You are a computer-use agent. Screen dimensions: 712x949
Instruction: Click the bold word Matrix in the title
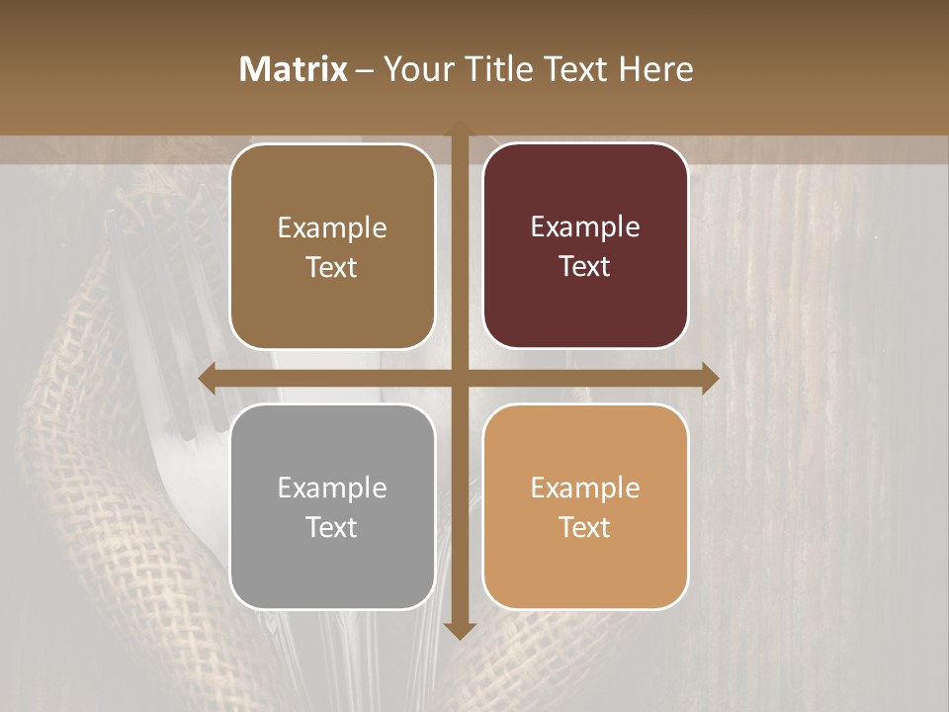pyautogui.click(x=294, y=69)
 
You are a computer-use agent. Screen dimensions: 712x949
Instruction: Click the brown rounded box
pyautogui.click(x=332, y=246)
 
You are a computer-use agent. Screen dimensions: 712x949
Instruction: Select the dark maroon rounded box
pyautogui.click(x=585, y=246)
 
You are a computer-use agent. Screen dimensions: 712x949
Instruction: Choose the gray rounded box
pyautogui.click(x=332, y=506)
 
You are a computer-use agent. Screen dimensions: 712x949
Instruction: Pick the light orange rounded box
pyautogui.click(x=585, y=506)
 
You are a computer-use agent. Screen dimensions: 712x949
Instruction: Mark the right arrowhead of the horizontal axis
pyautogui.click(x=709, y=378)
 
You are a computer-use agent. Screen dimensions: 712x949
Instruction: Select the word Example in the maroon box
pyautogui.click(x=585, y=227)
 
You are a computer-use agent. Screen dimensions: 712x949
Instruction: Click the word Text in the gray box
pyautogui.click(x=332, y=527)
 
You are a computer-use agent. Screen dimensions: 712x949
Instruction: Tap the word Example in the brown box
pyautogui.click(x=332, y=228)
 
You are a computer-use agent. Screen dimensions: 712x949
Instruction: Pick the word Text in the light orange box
pyautogui.click(x=585, y=527)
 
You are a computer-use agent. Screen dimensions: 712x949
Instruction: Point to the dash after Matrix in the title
pyautogui.click(x=366, y=70)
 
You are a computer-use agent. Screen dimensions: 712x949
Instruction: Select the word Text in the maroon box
pyautogui.click(x=585, y=267)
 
